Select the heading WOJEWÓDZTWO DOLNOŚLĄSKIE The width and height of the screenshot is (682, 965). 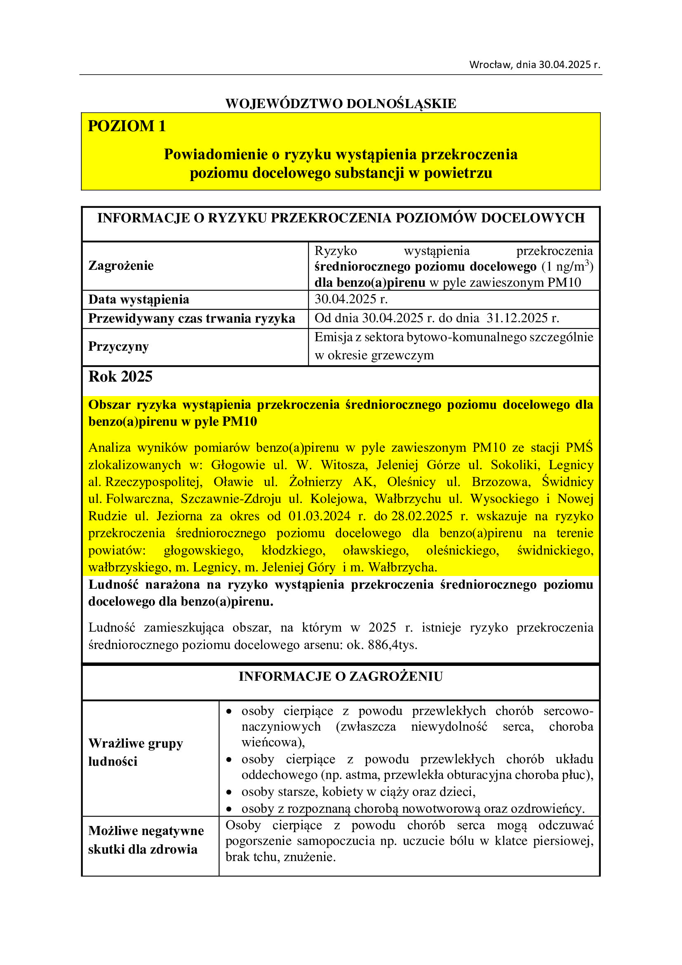click(x=341, y=104)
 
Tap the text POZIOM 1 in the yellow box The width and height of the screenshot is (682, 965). click(x=127, y=126)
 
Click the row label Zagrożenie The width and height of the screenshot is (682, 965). click(x=121, y=266)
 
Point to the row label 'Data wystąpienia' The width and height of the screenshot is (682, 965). click(x=139, y=299)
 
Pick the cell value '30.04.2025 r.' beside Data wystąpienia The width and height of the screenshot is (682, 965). click(x=351, y=299)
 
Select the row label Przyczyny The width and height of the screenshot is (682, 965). click(x=118, y=346)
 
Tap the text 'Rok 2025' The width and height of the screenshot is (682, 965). click(x=120, y=377)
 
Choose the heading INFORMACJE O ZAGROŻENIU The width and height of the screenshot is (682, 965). click(x=341, y=676)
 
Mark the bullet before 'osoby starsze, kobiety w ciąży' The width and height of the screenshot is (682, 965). click(x=229, y=792)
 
